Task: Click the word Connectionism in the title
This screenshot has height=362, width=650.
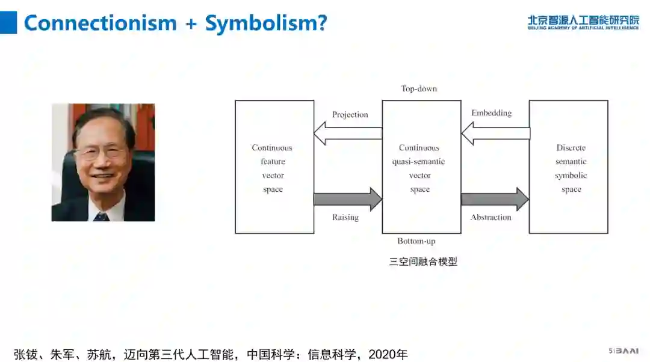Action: pos(100,23)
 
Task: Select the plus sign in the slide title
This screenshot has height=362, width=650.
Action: pos(191,23)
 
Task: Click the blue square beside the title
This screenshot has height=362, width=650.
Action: pos(8,23)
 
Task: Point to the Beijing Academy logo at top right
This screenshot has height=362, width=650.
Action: pos(583,22)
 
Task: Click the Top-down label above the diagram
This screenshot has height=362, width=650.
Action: pos(419,89)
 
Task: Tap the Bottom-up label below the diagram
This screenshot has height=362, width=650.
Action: pos(416,241)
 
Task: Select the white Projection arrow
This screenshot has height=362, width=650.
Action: pos(348,133)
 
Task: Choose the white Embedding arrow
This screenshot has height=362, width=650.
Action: pos(495,133)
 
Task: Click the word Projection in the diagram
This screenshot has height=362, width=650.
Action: pos(350,115)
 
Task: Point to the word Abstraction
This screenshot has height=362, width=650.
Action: pos(491,217)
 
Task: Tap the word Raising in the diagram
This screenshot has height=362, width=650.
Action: pos(345,217)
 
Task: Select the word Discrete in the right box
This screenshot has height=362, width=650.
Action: pos(571,148)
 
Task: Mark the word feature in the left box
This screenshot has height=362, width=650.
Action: pos(273,162)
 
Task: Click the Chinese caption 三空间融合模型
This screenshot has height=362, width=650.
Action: pos(423,262)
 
